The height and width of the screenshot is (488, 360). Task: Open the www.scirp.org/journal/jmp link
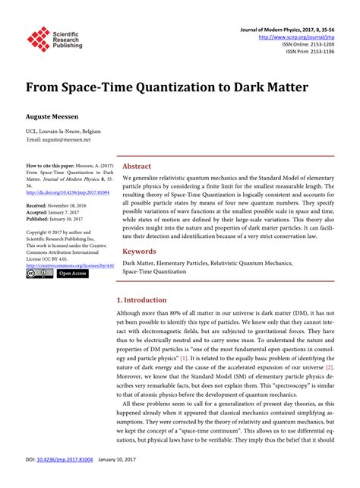302,36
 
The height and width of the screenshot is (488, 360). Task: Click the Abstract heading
137,166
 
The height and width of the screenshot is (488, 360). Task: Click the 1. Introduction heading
147,300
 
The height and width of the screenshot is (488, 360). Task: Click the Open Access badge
74,274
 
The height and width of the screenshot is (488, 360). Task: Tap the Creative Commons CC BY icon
39,274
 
